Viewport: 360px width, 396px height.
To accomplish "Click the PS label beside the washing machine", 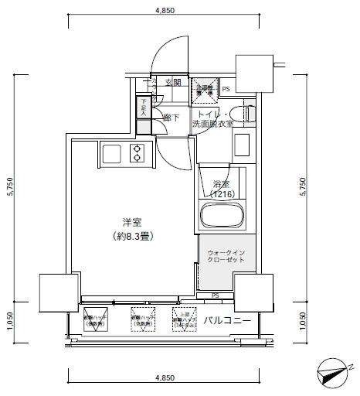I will tap(226, 90).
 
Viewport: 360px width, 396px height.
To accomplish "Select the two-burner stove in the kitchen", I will tap(138, 153).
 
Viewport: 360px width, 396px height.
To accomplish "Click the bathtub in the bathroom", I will tap(221, 215).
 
